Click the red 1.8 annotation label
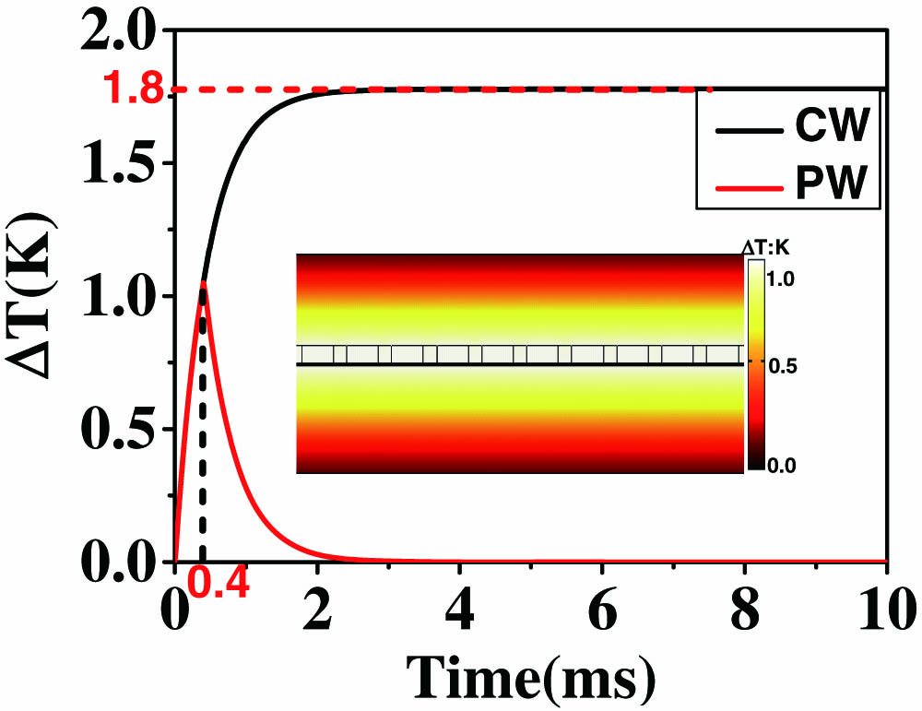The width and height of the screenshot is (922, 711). point(133,89)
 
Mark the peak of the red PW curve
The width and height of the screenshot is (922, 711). point(203,284)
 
